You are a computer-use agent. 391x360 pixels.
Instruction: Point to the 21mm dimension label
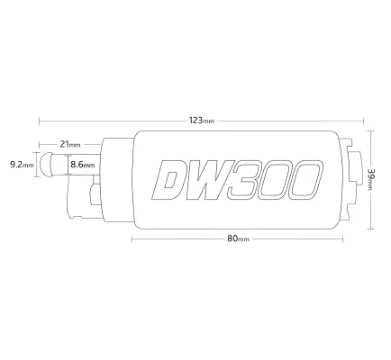pyautogui.click(x=69, y=144)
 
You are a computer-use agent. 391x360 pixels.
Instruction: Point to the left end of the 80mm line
pyautogui.click(x=132, y=238)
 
